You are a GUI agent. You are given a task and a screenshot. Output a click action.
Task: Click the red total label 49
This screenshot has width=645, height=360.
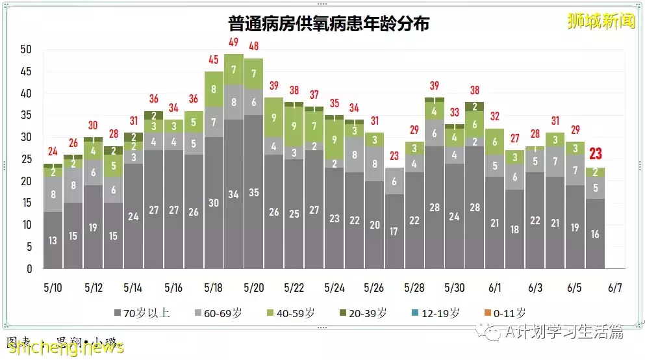click(x=233, y=43)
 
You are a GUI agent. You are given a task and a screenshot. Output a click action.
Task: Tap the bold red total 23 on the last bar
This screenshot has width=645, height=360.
click(x=595, y=155)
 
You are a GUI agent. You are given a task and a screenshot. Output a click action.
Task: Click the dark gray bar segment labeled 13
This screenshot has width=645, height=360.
click(x=53, y=240)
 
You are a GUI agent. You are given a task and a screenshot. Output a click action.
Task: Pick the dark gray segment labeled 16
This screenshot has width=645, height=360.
click(x=595, y=234)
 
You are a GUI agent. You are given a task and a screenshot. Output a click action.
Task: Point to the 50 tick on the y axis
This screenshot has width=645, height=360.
click(x=26, y=49)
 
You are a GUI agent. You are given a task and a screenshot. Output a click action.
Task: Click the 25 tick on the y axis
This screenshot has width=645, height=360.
click(x=26, y=159)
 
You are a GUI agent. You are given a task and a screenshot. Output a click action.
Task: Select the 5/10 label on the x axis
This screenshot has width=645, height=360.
click(x=53, y=287)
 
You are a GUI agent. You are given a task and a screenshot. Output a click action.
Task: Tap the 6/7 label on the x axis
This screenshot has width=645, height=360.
click(x=615, y=287)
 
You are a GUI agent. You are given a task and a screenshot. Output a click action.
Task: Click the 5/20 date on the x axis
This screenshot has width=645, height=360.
click(x=253, y=287)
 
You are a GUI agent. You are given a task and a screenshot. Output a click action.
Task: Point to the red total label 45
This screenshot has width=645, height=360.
click(x=214, y=60)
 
